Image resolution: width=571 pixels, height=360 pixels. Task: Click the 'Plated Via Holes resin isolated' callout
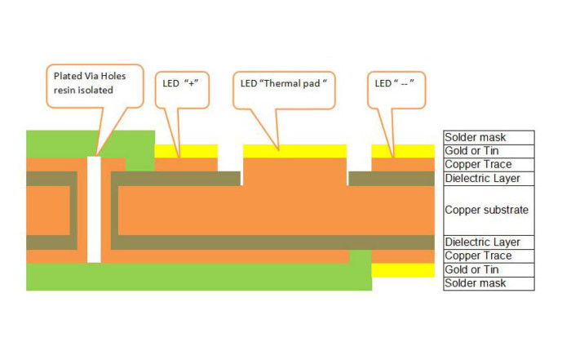tap(94, 83)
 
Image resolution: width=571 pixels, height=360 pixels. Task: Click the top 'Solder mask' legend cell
tap(488, 138)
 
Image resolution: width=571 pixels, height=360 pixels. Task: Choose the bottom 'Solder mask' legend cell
tap(488, 283)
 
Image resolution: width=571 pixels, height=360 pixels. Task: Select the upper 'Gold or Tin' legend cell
tap(488, 151)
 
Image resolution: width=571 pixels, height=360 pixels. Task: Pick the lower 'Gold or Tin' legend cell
tap(488, 269)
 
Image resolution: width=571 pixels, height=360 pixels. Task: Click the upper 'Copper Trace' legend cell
tap(488, 164)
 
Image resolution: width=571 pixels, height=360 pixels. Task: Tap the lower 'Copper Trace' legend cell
tap(488, 256)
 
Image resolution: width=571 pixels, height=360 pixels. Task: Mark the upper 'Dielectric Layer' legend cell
tap(488, 178)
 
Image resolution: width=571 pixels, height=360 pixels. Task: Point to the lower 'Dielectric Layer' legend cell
tap(488, 242)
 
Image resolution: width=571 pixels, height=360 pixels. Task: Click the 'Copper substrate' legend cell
tap(488, 210)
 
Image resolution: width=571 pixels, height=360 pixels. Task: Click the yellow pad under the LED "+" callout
tap(186, 151)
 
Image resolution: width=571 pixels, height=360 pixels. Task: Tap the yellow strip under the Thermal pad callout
tap(294, 151)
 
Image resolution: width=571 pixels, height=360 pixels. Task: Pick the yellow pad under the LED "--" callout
tap(402, 151)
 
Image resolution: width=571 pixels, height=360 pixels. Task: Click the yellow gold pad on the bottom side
tap(402, 269)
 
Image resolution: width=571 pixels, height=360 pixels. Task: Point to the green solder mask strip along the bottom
tap(196, 278)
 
